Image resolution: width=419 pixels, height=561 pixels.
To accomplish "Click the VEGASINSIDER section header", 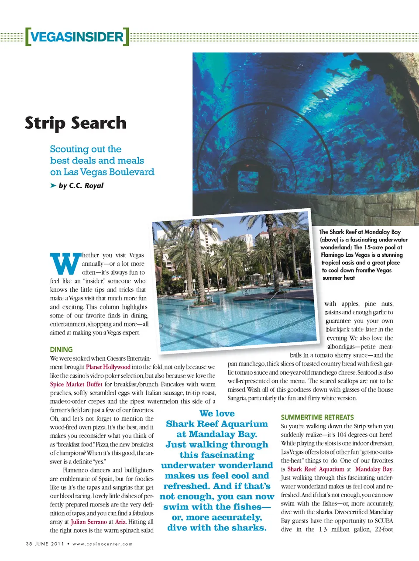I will tap(77, 37).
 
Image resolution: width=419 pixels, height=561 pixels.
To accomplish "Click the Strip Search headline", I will tap(76, 123).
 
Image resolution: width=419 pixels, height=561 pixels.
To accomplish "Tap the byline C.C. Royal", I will tap(86, 186).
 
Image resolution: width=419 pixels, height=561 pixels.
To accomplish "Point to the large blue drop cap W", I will tap(65, 264).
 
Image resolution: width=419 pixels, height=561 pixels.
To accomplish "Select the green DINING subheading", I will tap(61, 349).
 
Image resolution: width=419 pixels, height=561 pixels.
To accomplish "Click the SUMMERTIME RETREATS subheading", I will tap(317, 417).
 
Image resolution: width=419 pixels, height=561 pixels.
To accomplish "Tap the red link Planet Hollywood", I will tap(108, 367).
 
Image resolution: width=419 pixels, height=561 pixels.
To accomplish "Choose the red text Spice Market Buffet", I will tap(76, 384).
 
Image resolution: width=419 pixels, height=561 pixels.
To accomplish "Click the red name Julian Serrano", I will tap(89, 522).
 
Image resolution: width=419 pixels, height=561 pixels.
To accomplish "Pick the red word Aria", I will tap(120, 522).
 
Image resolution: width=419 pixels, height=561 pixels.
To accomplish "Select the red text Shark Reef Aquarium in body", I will tap(316, 469).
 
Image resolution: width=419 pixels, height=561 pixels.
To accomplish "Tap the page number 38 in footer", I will tap(29, 544).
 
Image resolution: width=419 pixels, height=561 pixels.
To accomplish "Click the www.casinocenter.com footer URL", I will tap(103, 544).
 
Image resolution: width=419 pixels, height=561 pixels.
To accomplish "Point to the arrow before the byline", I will tap(53, 186).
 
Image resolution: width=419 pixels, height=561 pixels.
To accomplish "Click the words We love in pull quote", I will tap(217, 413).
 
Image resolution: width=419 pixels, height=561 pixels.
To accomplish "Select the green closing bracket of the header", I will tap(126, 37).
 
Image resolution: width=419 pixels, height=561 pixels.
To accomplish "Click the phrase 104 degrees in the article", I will tap(355, 435).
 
